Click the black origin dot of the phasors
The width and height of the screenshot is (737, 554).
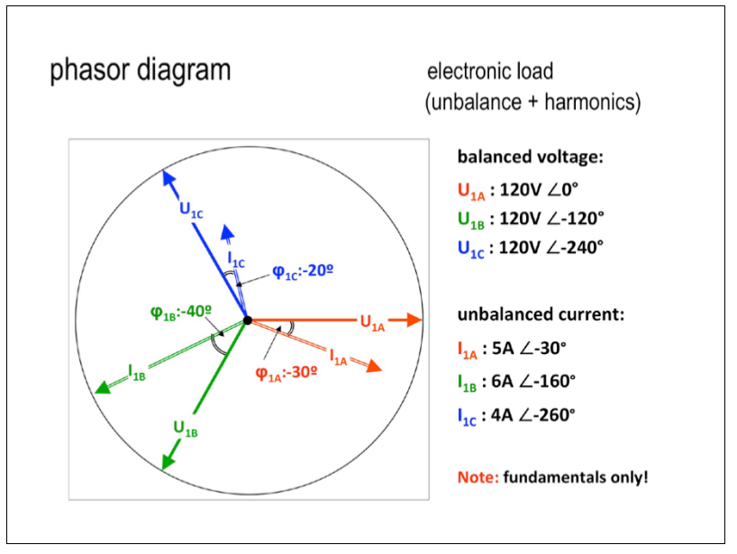[248, 321]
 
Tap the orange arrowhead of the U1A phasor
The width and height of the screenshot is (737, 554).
[414, 320]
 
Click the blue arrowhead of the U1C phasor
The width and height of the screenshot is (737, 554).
[168, 178]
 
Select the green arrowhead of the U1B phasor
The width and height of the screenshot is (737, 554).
[168, 461]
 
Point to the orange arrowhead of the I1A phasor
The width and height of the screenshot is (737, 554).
[374, 366]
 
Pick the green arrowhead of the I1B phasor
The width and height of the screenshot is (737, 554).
[103, 387]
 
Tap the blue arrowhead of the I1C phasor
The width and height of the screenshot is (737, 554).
[227, 232]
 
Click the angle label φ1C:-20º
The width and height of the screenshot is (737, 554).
[303, 272]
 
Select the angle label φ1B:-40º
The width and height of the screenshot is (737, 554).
[181, 312]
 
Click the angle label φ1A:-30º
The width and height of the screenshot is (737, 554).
[287, 373]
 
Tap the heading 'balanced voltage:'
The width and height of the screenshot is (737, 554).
[530, 157]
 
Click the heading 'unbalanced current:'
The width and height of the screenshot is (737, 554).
[541, 314]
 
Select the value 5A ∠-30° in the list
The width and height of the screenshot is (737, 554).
[529, 349]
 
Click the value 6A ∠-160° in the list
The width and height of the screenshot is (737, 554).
[533, 381]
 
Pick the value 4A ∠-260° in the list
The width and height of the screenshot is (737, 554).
[533, 415]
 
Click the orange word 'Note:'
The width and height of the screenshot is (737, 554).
[478, 477]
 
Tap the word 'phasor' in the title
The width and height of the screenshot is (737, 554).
[89, 71]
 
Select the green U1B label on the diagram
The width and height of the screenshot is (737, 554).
[186, 429]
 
